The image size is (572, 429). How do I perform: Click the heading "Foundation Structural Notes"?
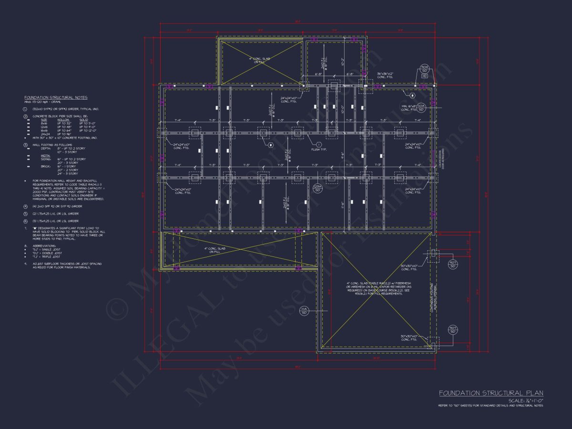(x=56, y=97)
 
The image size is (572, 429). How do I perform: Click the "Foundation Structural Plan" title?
(x=491, y=393)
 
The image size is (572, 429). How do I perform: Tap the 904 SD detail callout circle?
(x=424, y=68)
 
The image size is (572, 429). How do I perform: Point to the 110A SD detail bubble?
(x=421, y=107)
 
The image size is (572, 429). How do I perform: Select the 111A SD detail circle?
(x=304, y=311)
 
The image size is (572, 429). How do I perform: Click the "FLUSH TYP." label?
(x=319, y=149)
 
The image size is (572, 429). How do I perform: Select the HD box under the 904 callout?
(x=424, y=76)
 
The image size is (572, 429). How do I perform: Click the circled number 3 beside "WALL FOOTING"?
(x=26, y=144)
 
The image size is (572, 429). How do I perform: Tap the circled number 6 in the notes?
(x=26, y=221)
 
